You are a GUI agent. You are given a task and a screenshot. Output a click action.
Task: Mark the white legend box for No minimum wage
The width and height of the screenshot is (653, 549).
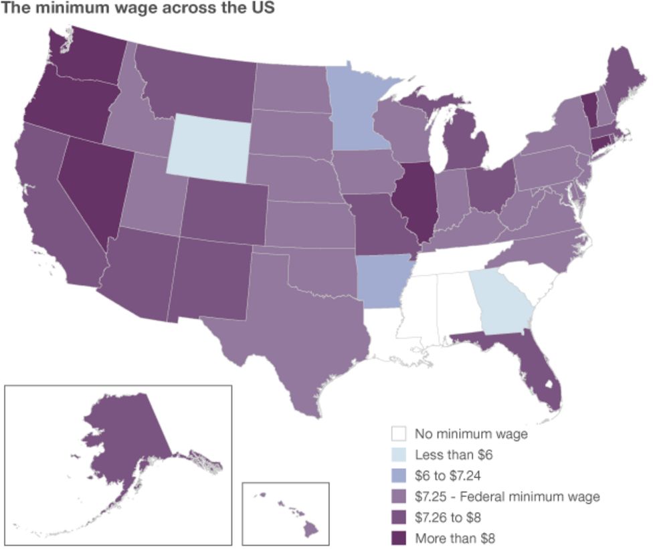[399, 434]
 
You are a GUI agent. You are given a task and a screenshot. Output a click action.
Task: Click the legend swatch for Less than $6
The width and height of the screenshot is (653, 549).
[399, 455]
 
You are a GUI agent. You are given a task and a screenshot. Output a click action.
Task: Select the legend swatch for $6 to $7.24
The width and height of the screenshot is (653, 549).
[399, 475]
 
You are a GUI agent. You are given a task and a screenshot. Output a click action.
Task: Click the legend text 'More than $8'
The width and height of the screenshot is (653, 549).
[455, 538]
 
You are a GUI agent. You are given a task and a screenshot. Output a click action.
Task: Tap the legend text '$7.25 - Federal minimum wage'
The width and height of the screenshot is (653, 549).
[507, 496]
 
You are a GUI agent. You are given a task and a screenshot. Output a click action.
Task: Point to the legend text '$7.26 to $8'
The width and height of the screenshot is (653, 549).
[449, 517]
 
